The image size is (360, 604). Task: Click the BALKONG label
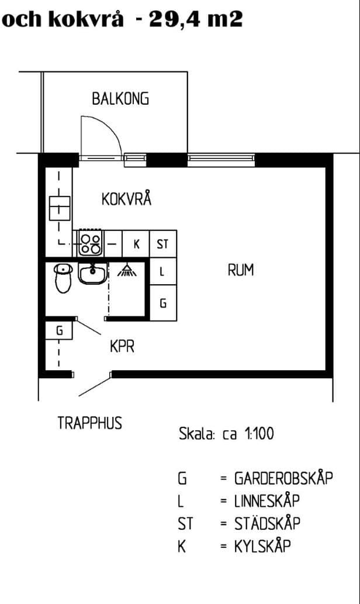[120, 99]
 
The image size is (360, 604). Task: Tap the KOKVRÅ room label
[126, 199]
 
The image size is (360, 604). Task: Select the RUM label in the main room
[241, 271]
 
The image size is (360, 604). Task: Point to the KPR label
[122, 347]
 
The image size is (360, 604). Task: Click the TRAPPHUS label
[90, 423]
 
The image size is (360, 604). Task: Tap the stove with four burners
[90, 243]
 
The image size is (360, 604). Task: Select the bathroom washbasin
[91, 273]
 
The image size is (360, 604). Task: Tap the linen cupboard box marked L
[162, 272]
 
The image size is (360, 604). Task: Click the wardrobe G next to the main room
[162, 303]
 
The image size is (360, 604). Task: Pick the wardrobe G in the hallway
[59, 330]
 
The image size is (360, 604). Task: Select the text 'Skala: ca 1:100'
[226, 434]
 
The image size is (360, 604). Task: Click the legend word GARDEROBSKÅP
[283, 478]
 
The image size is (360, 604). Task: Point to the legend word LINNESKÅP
[267, 501]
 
